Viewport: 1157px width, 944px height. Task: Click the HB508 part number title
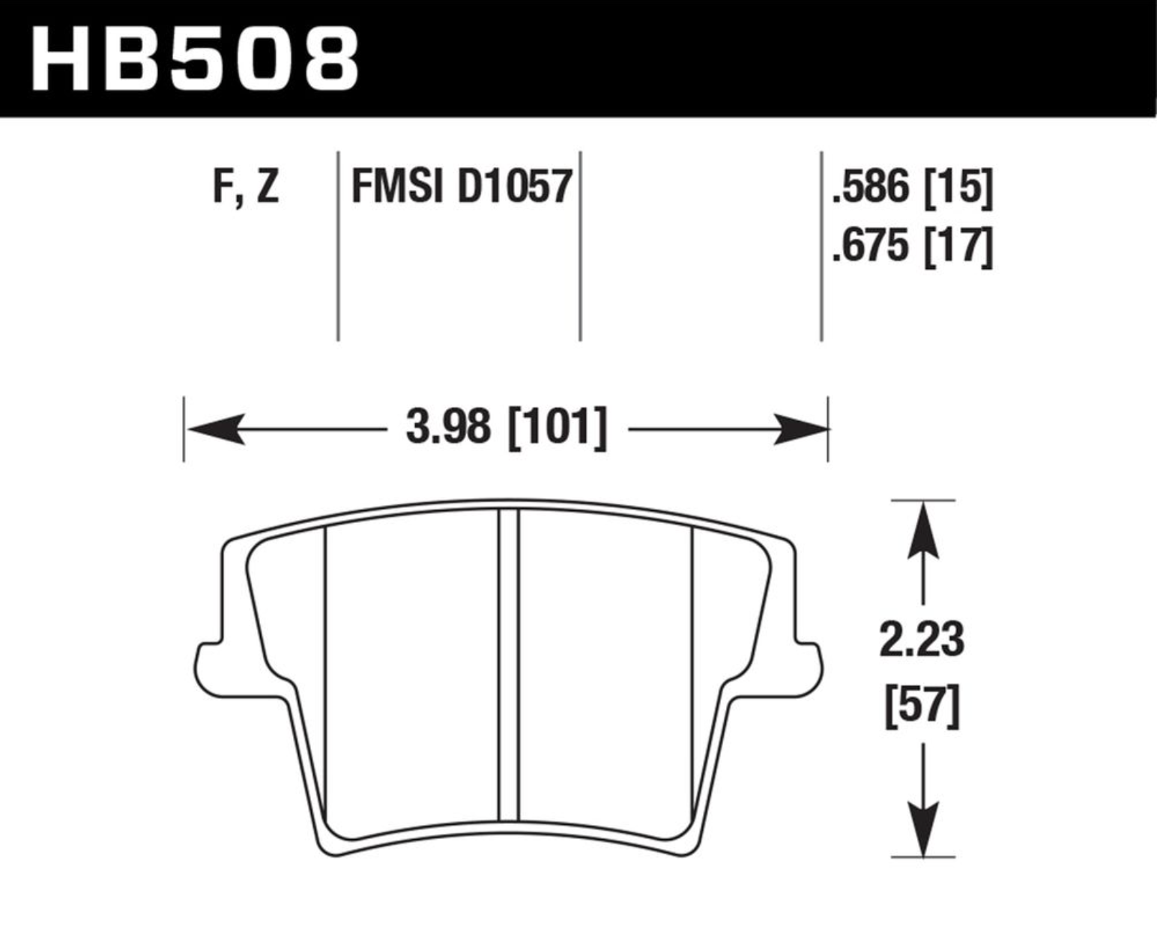(x=195, y=58)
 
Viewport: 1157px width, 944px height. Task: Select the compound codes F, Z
(x=246, y=187)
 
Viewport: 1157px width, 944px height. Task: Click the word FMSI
(x=397, y=187)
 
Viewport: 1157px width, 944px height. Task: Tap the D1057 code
(x=515, y=187)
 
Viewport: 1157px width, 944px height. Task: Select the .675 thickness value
(x=871, y=246)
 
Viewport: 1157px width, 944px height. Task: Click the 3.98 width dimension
(x=448, y=427)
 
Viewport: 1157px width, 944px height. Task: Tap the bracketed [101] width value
(x=558, y=429)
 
